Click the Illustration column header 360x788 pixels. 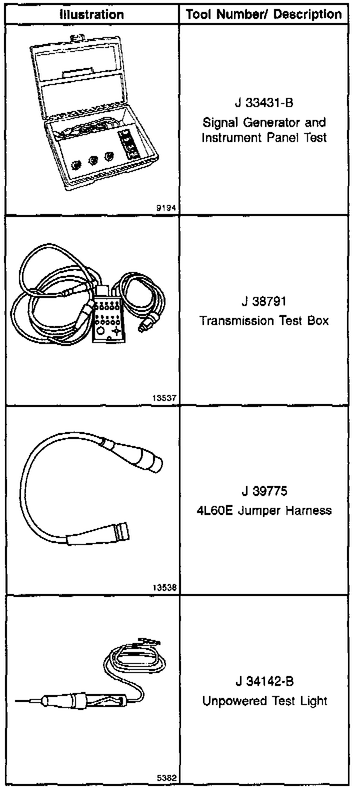coord(91,14)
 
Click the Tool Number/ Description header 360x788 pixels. coord(264,14)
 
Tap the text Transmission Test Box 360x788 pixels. coord(264,320)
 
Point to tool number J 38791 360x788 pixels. coord(264,302)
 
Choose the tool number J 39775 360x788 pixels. coord(264,491)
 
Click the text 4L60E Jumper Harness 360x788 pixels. coord(264,510)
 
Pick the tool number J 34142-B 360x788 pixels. coord(264,681)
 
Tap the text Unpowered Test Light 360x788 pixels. coord(264,701)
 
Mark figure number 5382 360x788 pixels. coord(166,778)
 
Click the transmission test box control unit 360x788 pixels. coord(107,320)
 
